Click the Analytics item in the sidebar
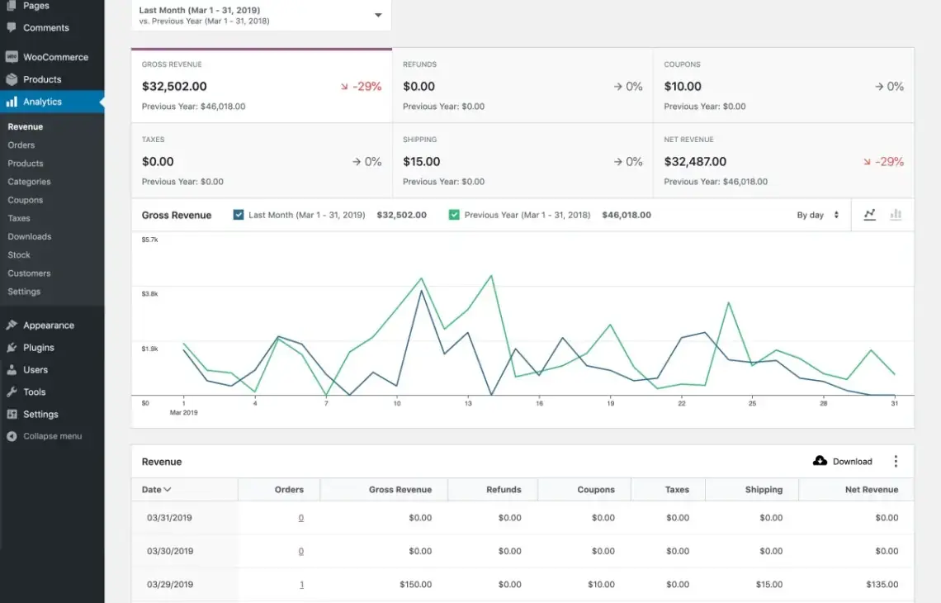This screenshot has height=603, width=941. pos(42,102)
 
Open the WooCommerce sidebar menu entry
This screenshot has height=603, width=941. pos(55,57)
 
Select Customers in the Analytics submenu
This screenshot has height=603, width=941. pos(29,273)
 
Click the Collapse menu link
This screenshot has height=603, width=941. pos(52,436)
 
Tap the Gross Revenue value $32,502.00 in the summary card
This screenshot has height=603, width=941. pos(174,87)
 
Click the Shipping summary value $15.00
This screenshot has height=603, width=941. pos(421,162)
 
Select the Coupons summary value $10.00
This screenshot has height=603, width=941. pos(683,87)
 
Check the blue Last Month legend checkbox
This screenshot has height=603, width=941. pos(239,215)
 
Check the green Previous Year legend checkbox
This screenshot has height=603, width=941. pos(454,215)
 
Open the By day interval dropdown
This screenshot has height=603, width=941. pos(817,215)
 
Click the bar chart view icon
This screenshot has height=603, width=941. pos(896,215)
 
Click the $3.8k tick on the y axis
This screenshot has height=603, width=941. pos(149,294)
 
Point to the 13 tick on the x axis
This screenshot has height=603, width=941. pos(468,403)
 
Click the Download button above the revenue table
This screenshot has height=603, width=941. pos(843,461)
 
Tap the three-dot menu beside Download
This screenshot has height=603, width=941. pos(896,461)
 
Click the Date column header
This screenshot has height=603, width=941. pos(156,490)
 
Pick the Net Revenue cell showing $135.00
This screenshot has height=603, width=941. pos(882,584)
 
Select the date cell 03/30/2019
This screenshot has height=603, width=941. pos(170,551)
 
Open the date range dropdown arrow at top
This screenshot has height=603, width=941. pos(378,15)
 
